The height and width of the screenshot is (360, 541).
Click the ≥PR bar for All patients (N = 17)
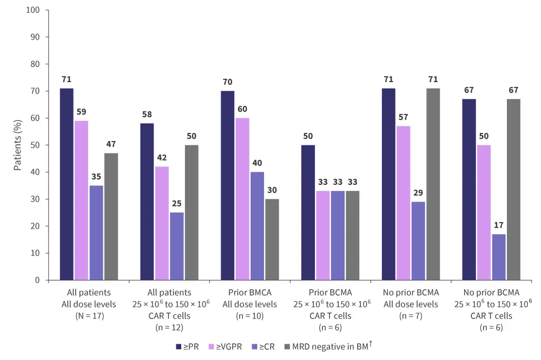pos(67,184)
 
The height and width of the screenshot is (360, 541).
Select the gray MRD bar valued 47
pos(111,216)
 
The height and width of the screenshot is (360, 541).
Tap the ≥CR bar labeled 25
pos(176,246)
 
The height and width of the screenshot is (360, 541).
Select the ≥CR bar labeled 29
pos(418,241)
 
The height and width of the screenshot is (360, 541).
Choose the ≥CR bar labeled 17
pos(499,257)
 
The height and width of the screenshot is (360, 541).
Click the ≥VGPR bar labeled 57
pos(404,203)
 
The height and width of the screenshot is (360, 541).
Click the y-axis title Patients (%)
pos(18,145)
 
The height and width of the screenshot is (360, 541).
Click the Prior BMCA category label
pos(250,292)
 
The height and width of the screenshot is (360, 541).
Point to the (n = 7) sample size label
pos(410,315)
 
